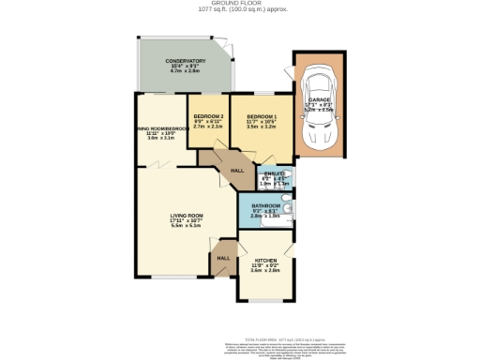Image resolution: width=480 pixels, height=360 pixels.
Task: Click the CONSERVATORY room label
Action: tap(186, 61)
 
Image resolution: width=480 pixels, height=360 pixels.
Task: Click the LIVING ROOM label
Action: tap(187, 216)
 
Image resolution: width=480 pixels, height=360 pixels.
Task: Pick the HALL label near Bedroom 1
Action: tap(237, 171)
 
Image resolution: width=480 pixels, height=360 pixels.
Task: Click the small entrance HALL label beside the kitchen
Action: tap(223, 258)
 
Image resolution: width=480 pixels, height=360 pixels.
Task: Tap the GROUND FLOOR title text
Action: tap(240, 4)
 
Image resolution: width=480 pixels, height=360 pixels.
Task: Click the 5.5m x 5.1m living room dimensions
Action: tap(187, 227)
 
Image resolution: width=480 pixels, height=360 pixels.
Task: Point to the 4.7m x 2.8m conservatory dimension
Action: tap(186, 72)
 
